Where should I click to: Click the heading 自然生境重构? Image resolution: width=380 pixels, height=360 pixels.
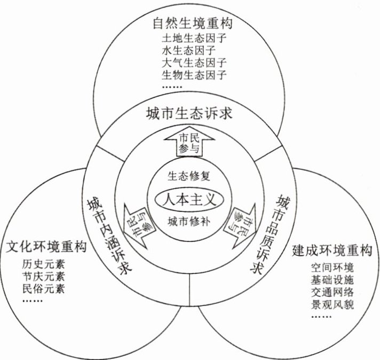tap(192, 24)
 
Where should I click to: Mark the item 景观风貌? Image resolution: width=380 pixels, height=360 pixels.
tap(332, 305)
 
